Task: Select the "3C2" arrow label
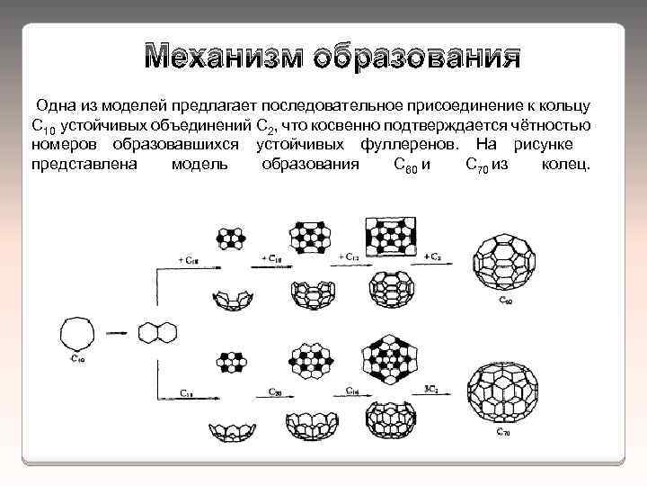(x=431, y=389)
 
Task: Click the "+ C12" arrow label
(x=349, y=257)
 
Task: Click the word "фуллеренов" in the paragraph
(x=408, y=144)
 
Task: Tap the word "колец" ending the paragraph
(x=566, y=164)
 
